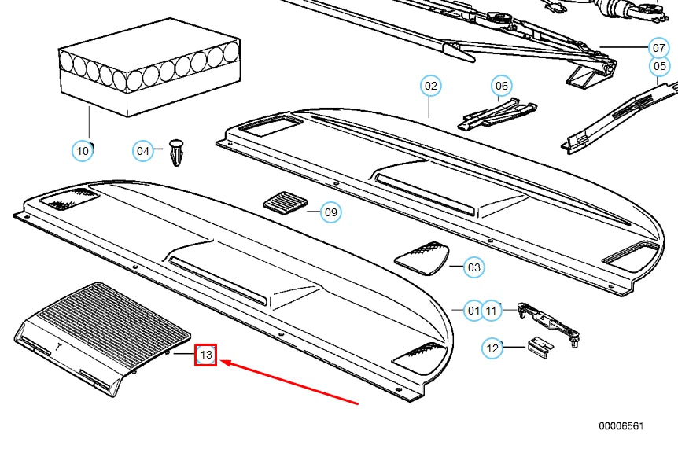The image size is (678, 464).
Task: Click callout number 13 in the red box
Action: pos(206,355)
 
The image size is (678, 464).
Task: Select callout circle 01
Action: pos(473,311)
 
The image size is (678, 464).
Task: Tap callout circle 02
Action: pos(431,86)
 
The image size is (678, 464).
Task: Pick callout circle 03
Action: pos(474,267)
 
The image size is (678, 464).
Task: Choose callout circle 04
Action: pos(142,151)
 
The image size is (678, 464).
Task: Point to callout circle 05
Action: pos(659,66)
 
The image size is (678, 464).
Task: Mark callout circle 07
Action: pos(658,47)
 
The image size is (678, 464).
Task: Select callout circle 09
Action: pos(331,212)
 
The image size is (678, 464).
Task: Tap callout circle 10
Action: pos(82,151)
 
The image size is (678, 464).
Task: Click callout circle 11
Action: pos(491,311)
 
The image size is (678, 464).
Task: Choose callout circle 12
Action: pos(492,348)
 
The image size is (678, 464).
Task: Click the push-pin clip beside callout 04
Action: pos(177,153)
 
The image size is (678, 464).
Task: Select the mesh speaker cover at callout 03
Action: pos(422,258)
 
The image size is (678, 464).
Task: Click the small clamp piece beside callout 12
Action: pos(540,347)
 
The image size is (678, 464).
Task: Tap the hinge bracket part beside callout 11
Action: pos(549,324)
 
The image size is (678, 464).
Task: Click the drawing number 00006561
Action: pos(621,426)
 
